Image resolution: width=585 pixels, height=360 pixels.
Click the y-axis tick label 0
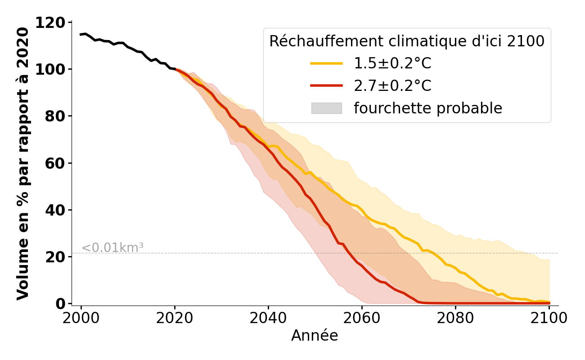[x=61, y=304]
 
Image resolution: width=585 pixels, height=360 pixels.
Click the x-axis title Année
[x=315, y=336]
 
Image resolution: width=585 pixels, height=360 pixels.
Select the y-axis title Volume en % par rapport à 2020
[x=23, y=163]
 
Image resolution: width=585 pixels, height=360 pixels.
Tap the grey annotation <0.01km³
[x=112, y=248]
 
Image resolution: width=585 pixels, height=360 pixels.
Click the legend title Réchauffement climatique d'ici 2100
[x=407, y=41]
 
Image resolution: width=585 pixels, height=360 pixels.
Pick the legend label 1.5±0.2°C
[x=392, y=63]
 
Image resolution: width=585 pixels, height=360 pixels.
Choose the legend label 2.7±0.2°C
[x=392, y=85]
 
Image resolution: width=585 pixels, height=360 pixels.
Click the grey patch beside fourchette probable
[x=326, y=108]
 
